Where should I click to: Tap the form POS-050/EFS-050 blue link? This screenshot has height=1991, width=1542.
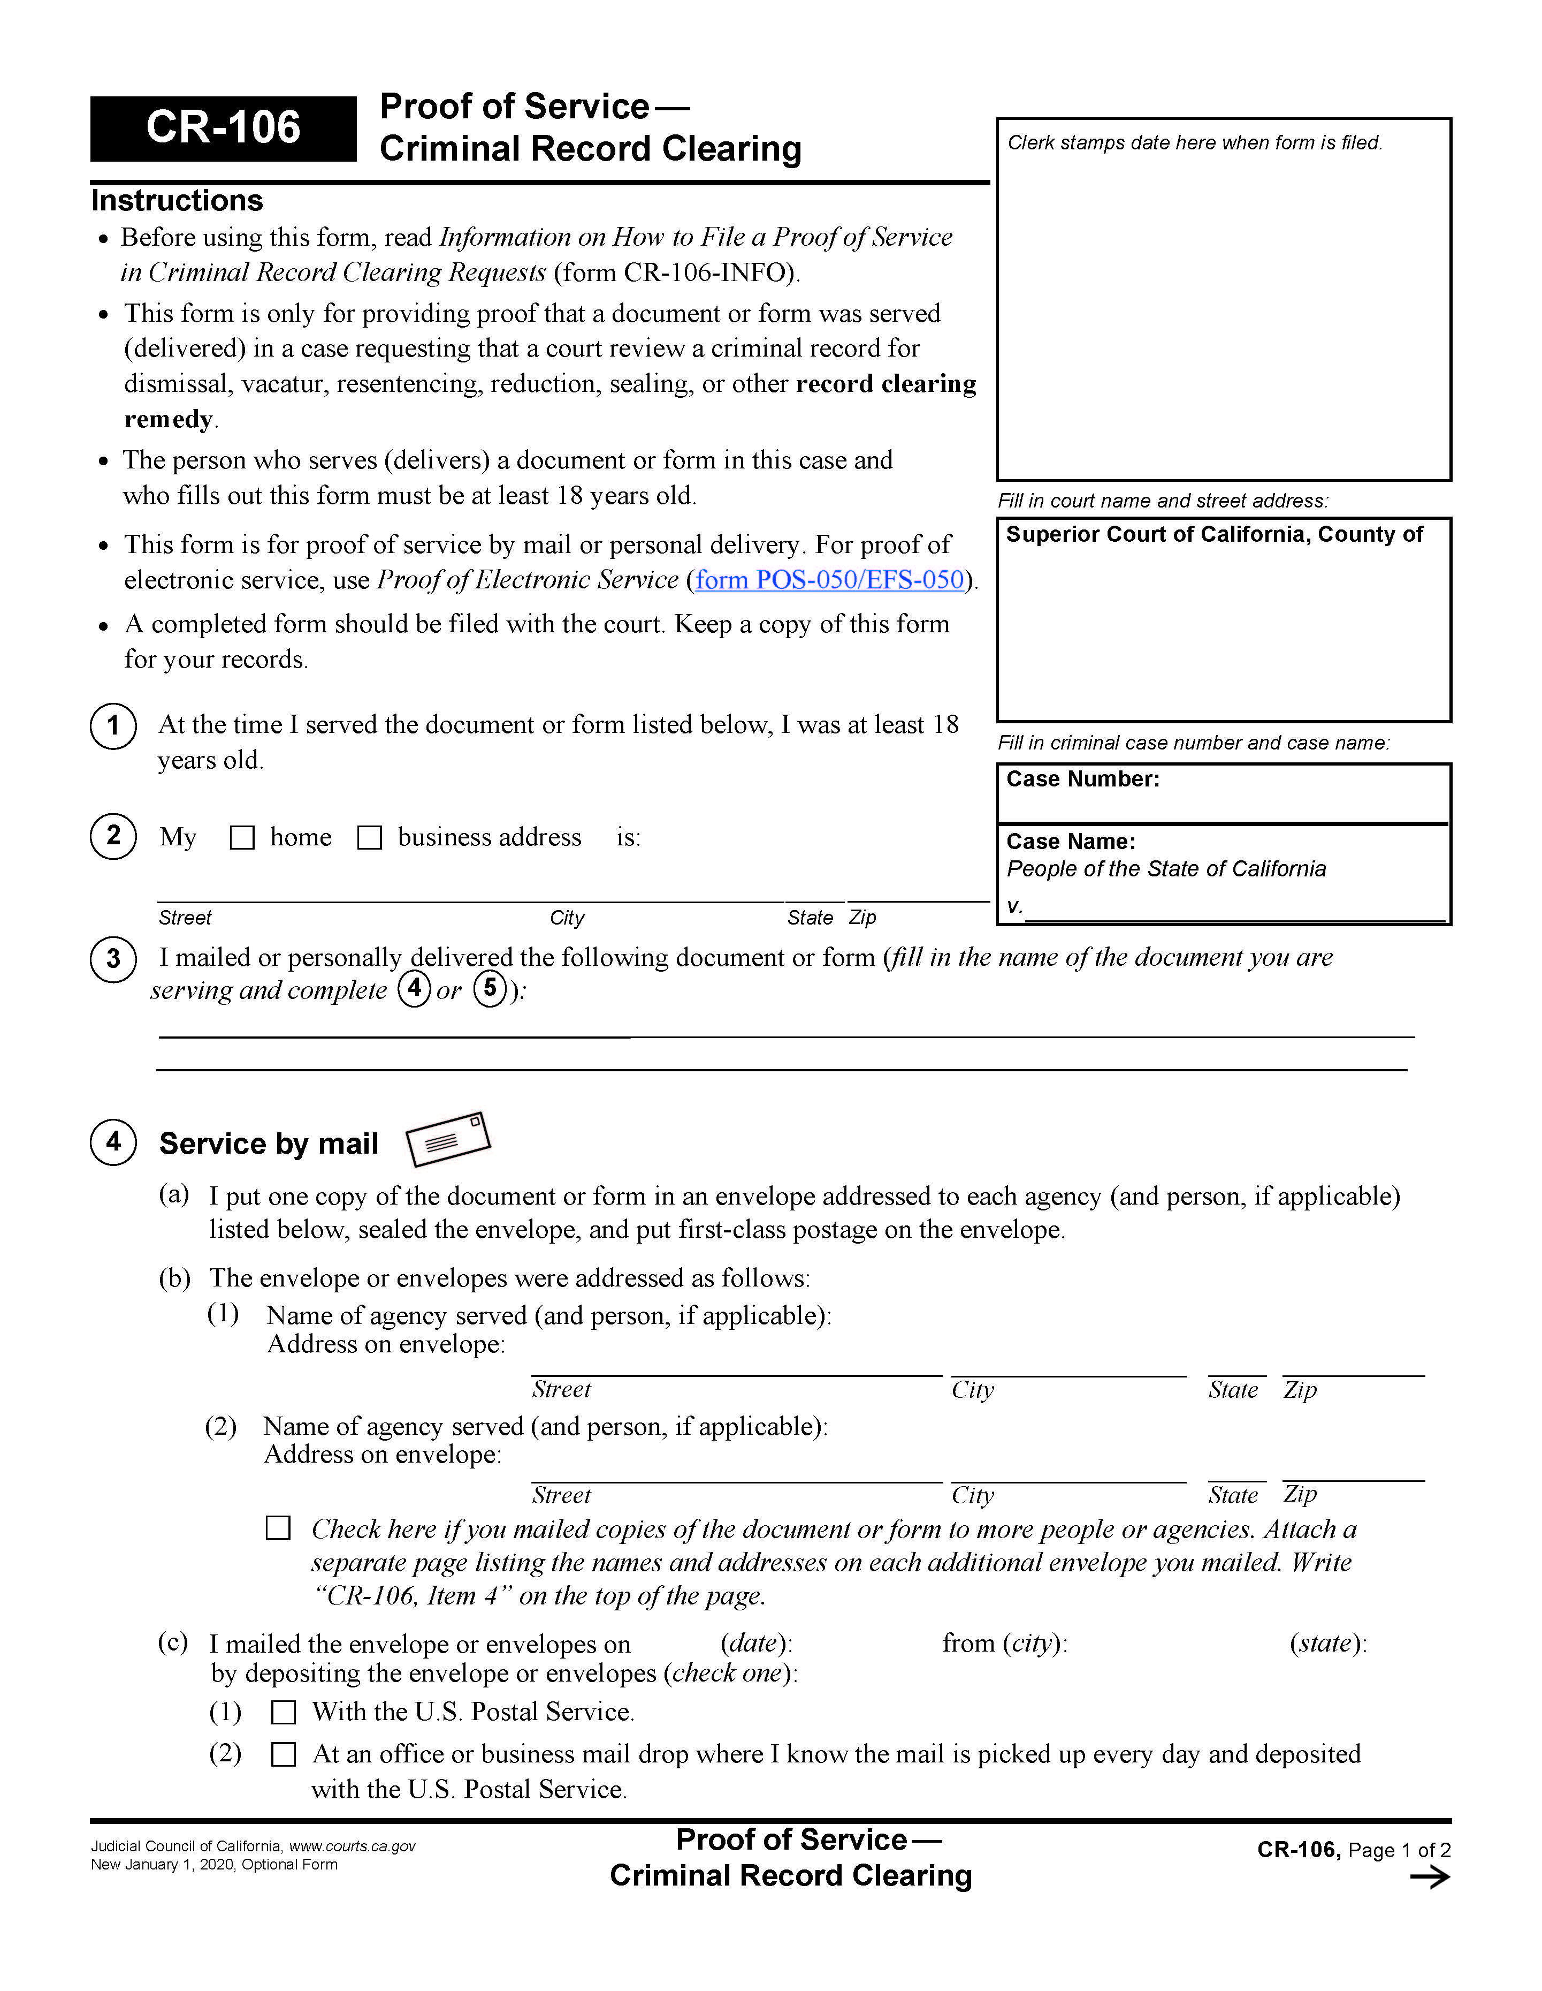click(x=829, y=580)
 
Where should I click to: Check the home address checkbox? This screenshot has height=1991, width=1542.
click(x=241, y=838)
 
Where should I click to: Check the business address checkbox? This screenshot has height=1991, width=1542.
click(x=369, y=838)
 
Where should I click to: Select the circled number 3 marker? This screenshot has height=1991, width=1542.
click(x=113, y=959)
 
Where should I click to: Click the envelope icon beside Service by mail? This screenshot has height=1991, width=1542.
click(x=447, y=1140)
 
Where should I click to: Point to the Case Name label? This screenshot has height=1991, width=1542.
click(x=1071, y=842)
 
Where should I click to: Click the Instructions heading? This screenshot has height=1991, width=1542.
click(x=177, y=201)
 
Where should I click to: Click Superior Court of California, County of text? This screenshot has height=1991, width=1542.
click(x=1214, y=535)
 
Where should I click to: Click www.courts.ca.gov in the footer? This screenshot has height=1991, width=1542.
click(x=352, y=1846)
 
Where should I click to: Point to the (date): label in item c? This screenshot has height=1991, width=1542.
click(x=755, y=1644)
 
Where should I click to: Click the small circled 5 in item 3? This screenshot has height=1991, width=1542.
click(x=490, y=989)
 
